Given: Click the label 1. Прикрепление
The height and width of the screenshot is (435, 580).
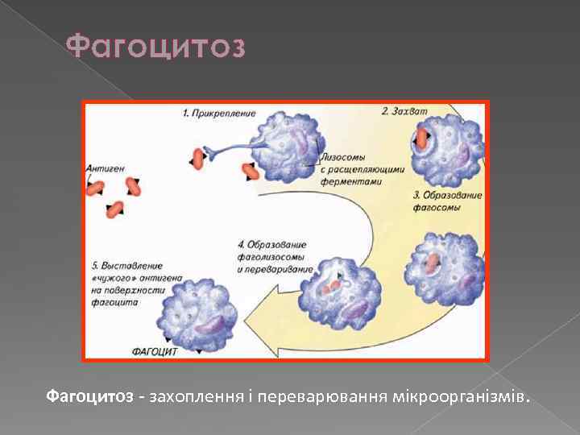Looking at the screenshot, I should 219,114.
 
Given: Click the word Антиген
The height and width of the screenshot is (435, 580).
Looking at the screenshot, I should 105,168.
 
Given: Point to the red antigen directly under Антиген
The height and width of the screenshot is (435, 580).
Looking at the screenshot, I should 96,188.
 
